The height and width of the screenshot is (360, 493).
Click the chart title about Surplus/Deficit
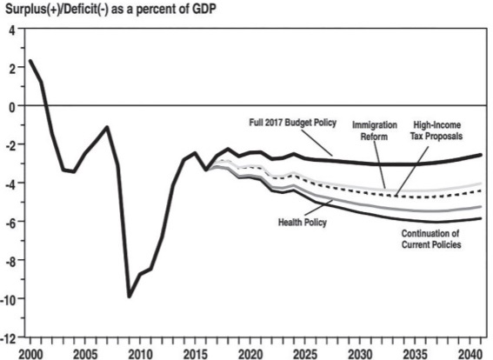pos(111,9)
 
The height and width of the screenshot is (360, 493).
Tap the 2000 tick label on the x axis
pos(30,354)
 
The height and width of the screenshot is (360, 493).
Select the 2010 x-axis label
pos(141,354)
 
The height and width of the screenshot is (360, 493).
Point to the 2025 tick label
pos(305,354)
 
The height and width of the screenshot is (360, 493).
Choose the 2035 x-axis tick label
pos(415,354)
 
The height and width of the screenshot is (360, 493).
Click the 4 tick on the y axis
pos(12,31)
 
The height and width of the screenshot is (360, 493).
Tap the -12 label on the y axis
pos(8,338)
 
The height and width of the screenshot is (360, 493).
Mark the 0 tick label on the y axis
pos(12,108)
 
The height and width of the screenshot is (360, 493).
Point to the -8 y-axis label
pos(10,262)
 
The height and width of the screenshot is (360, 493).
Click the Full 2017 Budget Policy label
pos(293,123)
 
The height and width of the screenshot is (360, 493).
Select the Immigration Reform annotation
pos(375,130)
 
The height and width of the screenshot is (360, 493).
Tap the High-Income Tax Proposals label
pos(436,130)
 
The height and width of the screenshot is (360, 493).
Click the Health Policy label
pos(303,223)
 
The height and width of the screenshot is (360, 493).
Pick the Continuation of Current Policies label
pos(431,238)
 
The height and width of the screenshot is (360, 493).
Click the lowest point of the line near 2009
pos(130,297)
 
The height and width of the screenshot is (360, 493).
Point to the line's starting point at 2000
pos(30,61)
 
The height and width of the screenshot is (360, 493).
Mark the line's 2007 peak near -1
pos(107,127)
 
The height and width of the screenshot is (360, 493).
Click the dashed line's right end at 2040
pos(481,190)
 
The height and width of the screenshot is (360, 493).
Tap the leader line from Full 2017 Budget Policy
pos(316,143)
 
